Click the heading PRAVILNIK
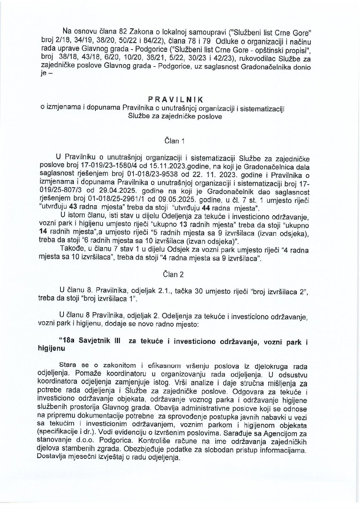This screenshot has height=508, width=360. coord(175,99)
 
